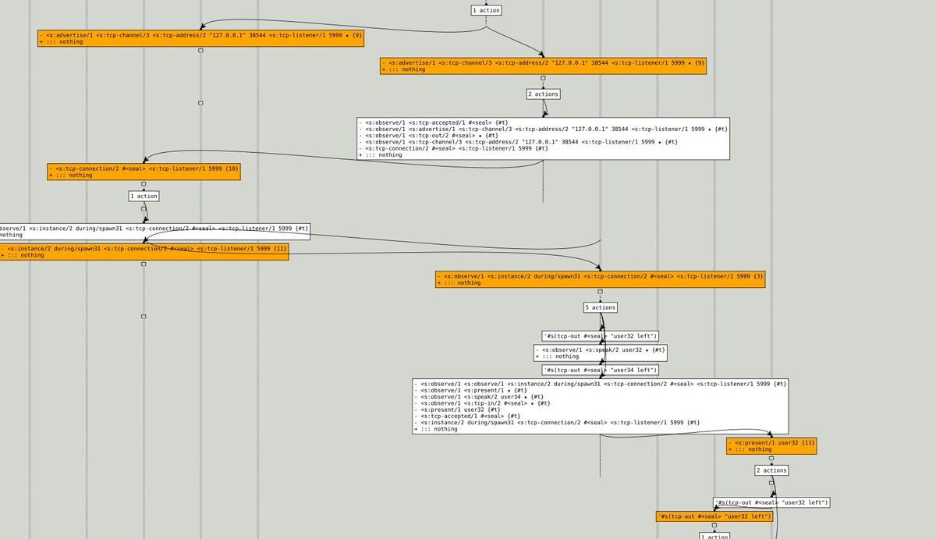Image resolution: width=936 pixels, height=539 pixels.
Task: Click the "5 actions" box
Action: point(600,307)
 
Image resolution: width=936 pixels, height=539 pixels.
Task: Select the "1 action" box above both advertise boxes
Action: point(486,10)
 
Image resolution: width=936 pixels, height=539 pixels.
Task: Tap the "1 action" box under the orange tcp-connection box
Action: point(144,196)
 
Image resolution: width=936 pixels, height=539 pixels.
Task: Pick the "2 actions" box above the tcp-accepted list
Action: point(543,94)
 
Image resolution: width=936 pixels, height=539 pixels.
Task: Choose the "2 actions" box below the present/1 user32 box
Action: point(771,470)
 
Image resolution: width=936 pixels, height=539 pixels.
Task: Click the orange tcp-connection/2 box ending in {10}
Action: point(144,172)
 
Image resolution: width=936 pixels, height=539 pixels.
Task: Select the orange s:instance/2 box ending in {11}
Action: point(144,251)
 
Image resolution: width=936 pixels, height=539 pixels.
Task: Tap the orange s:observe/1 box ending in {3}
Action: point(600,279)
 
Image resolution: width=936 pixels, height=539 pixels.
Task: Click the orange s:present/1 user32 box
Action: point(771,445)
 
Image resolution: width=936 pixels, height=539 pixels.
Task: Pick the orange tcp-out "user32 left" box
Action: point(714,516)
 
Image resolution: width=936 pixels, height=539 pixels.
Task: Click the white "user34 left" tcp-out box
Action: point(600,370)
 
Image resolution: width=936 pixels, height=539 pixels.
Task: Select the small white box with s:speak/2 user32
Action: point(600,353)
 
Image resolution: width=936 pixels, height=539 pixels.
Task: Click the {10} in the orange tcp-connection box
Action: point(232,168)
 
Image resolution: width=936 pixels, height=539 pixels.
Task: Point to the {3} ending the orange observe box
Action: point(759,276)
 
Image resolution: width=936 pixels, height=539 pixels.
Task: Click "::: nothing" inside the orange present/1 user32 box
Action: point(753,449)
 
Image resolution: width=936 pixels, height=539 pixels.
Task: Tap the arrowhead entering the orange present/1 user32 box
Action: point(770,436)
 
